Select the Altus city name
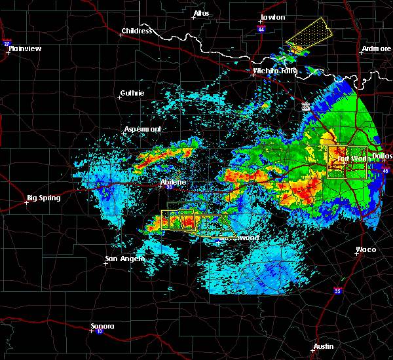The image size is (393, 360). point(200,13)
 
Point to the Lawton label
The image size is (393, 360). point(272,17)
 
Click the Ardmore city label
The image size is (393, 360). point(375,50)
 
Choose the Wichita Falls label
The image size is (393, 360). point(274,71)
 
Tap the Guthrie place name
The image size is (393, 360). point(132,94)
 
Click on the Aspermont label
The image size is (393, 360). point(143,129)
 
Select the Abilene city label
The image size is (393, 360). point(173,182)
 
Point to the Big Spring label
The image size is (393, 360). point(43,198)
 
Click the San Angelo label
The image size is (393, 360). point(124,259)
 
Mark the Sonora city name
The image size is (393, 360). point(102,326)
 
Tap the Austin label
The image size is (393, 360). point(323,346)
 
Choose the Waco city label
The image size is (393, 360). point(365,249)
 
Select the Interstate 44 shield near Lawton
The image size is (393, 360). point(260,29)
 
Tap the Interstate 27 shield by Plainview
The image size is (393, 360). point(7,44)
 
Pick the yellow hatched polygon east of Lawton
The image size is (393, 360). point(310,35)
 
